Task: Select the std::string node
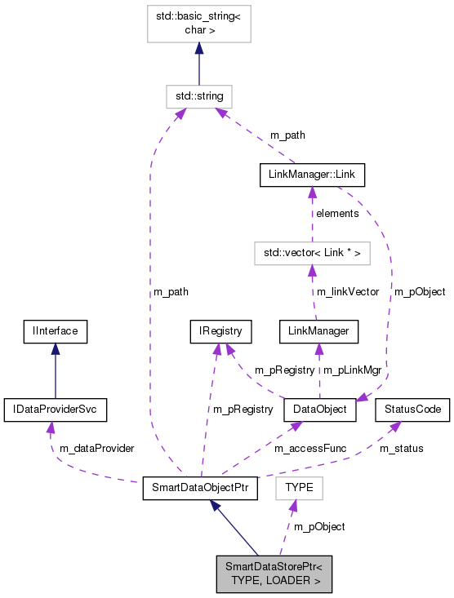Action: pyautogui.click(x=199, y=96)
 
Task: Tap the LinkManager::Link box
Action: pyautogui.click(x=311, y=175)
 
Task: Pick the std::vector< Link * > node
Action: pyautogui.click(x=311, y=253)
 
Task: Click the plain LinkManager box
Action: pyautogui.click(x=318, y=331)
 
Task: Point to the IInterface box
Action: pyautogui.click(x=55, y=331)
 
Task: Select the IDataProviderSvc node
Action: pyautogui.click(x=55, y=410)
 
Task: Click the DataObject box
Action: pyautogui.click(x=319, y=410)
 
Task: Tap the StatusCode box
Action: pyautogui.click(x=412, y=410)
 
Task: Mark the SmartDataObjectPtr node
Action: pyautogui.click(x=200, y=488)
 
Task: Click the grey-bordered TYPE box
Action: pyautogui.click(x=300, y=488)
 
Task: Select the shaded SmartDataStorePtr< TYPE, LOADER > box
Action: pyautogui.click(x=274, y=574)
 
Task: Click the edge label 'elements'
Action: pyautogui.click(x=337, y=214)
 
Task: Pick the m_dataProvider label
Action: pyautogui.click(x=96, y=449)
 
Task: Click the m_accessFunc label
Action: pyautogui.click(x=305, y=449)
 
